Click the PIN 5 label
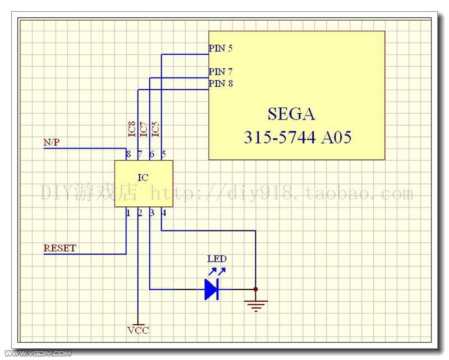coord(221,48)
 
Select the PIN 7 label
coord(221,72)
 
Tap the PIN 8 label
coord(221,84)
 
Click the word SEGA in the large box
coord(291,114)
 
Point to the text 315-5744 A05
coord(297,137)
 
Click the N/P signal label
coord(52,142)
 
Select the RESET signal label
coord(60,248)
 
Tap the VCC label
coord(138,330)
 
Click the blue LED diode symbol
coord(212,289)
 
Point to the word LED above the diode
coord(217,259)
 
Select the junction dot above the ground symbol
coord(256,289)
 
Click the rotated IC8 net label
coord(132,129)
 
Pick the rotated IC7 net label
coord(144,129)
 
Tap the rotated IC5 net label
coord(155,129)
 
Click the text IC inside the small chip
coord(143,178)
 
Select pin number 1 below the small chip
coord(128,213)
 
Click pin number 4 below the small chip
coord(163,213)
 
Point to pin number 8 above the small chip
coord(129,154)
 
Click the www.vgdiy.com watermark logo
coord(38,353)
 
